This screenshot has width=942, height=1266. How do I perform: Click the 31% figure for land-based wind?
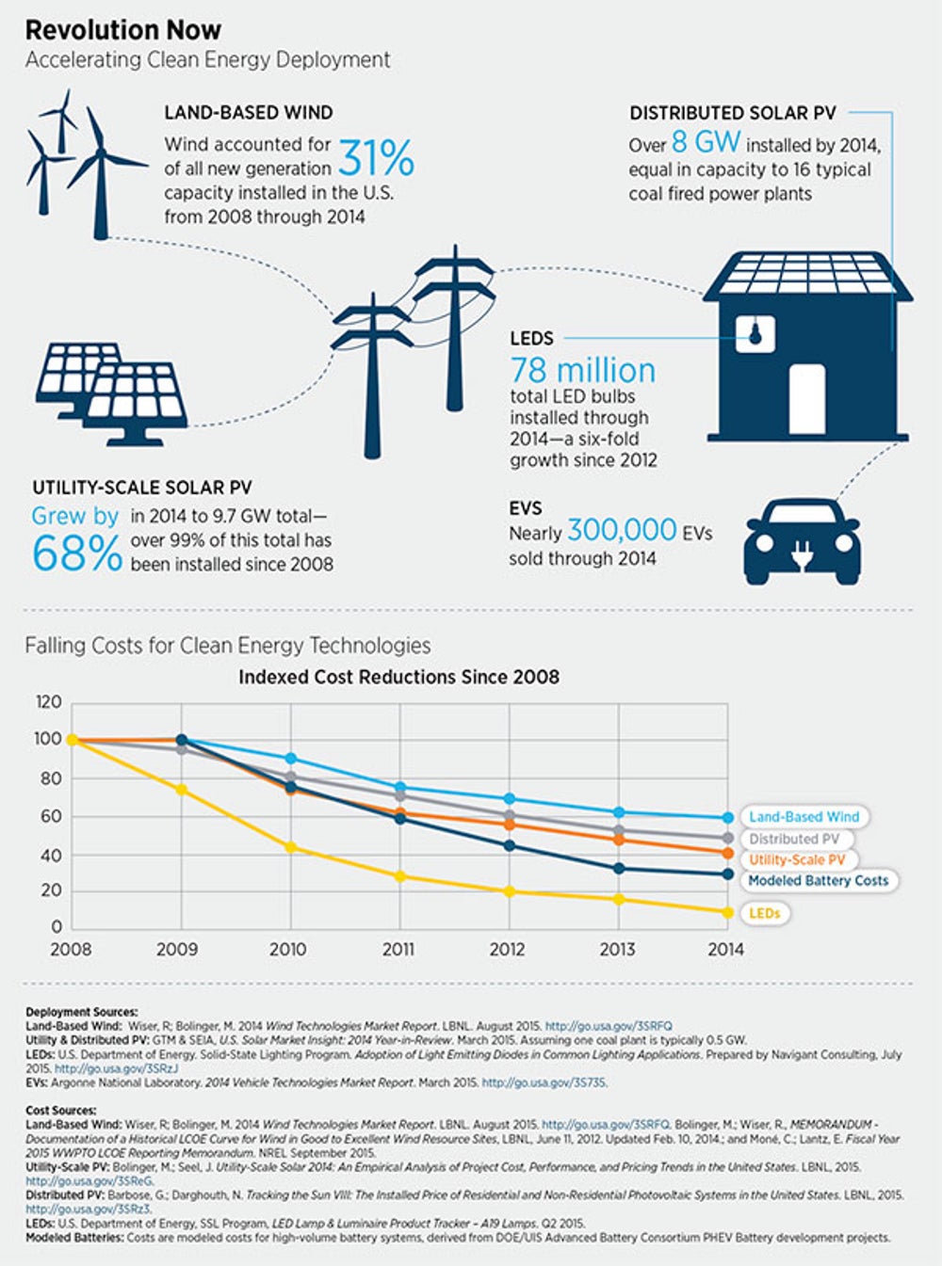pos(376,158)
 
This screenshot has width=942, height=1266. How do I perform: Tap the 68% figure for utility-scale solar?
pos(76,553)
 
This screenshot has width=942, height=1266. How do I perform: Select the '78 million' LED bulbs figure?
pos(582,370)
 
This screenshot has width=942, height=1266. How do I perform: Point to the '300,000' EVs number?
pos(622,531)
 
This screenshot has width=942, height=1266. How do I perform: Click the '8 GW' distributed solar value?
pos(706,142)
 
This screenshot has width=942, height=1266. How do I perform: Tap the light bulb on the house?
pos(755,332)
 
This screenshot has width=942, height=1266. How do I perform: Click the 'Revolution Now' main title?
pos(122,30)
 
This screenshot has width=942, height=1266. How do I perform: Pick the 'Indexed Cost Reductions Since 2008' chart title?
pos(398,677)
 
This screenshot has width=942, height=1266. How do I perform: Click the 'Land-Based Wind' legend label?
pos(804,817)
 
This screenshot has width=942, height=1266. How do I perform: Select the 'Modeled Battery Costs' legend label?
pos(818,881)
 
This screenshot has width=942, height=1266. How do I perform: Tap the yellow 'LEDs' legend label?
pos(764,913)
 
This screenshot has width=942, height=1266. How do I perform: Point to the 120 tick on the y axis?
pos(48,702)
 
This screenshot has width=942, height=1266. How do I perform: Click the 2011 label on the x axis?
pos(398,950)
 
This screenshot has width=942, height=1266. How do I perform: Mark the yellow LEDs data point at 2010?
pos(291,848)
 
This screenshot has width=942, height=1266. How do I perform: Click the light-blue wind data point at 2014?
pos(727,818)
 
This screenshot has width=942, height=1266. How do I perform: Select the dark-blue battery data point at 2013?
pos(619,869)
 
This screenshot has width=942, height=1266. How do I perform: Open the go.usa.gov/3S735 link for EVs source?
pos(544,1082)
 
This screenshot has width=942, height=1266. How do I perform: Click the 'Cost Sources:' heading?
pos(60,1111)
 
